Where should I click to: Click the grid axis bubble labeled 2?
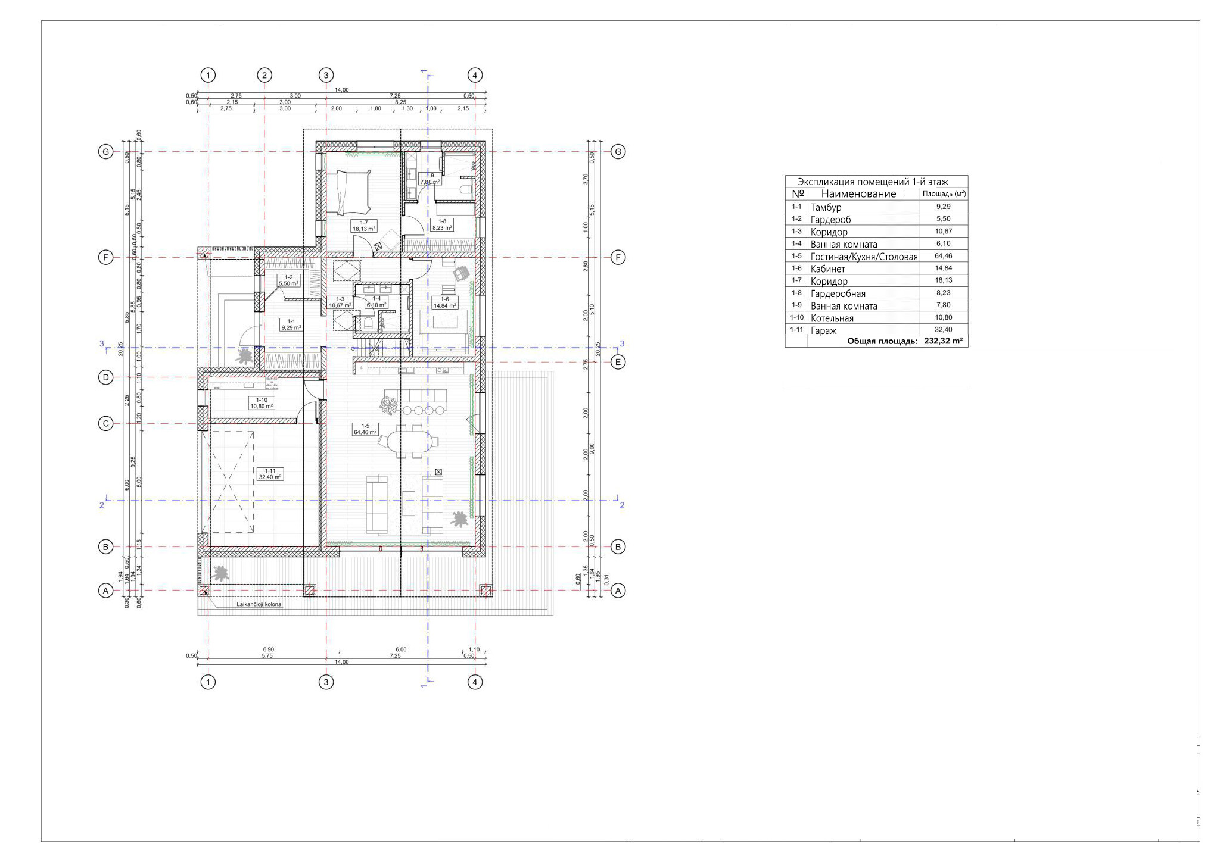pyautogui.click(x=264, y=75)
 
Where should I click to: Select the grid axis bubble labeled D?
pyautogui.click(x=105, y=377)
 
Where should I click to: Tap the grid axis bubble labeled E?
pyautogui.click(x=618, y=362)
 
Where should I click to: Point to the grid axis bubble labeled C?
pyautogui.click(x=105, y=424)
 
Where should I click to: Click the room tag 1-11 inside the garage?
pyautogui.click(x=270, y=474)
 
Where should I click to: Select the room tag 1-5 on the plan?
pyautogui.click(x=365, y=429)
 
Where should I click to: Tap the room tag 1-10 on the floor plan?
pyautogui.click(x=262, y=403)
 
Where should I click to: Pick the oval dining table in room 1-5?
pyautogui.click(x=410, y=442)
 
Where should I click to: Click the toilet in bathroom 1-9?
pyautogui.click(x=465, y=189)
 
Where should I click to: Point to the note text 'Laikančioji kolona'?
pyautogui.click(x=257, y=604)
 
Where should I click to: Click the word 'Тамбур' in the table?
pyautogui.click(x=826, y=207)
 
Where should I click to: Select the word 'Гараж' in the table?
pyautogui.click(x=823, y=330)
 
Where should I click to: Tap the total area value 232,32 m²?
pyautogui.click(x=944, y=342)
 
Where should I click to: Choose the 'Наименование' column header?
pyautogui.click(x=858, y=194)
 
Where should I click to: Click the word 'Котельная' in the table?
pyautogui.click(x=832, y=318)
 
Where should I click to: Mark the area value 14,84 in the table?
pyautogui.click(x=944, y=268)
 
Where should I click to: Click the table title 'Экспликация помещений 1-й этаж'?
pyautogui.click(x=873, y=182)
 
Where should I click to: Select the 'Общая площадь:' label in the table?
pyautogui.click(x=882, y=342)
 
